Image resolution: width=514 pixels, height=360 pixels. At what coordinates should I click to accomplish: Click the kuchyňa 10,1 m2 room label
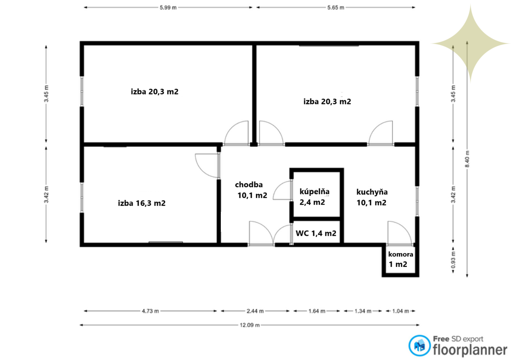pos(372,197)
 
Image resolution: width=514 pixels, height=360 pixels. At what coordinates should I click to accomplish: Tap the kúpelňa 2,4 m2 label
pos(314,197)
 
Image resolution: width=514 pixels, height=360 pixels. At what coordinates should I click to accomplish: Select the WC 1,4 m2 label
pos(316,233)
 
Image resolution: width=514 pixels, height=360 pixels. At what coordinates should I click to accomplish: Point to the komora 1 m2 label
pos(401,259)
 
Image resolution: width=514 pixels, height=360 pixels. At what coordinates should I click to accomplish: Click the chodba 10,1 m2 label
pos(251,190)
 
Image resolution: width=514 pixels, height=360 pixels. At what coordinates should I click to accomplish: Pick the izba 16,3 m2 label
pos(142,203)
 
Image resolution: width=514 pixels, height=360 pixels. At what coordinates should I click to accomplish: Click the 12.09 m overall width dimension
pos(250,325)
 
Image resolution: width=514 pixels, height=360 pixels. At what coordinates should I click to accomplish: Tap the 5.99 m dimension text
pos(168,7)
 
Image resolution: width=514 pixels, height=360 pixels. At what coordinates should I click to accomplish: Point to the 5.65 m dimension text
pos(336,7)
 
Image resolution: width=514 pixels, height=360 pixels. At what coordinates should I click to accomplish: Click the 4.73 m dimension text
pos(150,311)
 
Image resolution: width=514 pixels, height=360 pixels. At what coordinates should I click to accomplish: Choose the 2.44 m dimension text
pos(255,311)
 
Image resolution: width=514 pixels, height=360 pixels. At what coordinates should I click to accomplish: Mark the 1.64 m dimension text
pos(317,311)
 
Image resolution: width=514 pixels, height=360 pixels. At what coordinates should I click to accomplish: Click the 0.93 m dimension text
pos(453,260)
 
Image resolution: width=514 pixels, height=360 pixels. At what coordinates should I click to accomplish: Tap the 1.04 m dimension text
pos(401,311)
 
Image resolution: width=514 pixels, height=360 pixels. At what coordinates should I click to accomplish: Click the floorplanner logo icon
pos(419,345)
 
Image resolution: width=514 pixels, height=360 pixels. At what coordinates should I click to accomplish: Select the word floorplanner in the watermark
pos(470,350)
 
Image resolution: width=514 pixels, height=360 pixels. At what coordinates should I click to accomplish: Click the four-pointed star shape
pos(471,43)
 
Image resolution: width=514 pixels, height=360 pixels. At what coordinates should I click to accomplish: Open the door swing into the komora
pos(399,233)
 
